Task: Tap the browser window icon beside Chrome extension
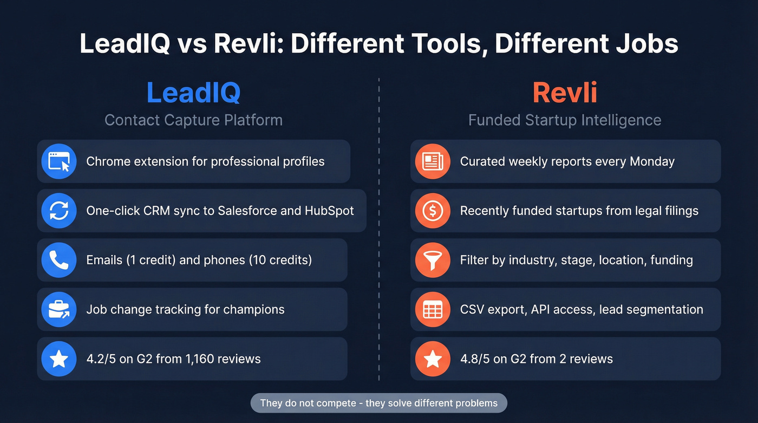59,161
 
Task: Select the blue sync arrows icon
59,211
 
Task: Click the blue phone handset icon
59,260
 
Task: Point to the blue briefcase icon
59,310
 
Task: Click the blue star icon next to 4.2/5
59,359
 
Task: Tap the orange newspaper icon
433,161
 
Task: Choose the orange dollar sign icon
433,211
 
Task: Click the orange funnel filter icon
433,260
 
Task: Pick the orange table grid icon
433,310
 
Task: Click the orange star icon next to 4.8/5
433,359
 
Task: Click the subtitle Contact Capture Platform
193,120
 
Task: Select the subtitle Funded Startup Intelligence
565,120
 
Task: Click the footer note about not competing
378,403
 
